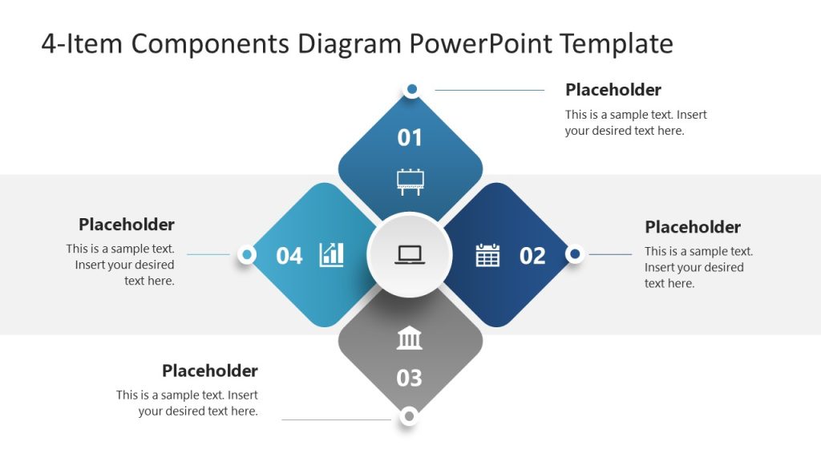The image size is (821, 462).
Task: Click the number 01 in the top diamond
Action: [x=410, y=137]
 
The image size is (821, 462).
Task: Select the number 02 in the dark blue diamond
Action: [x=532, y=256]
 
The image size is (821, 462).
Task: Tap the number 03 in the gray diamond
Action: [x=410, y=377]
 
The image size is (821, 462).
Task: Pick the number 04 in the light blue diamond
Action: [x=289, y=256]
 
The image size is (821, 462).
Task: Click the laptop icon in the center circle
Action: [x=410, y=255]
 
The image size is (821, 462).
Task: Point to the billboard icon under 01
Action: [x=410, y=181]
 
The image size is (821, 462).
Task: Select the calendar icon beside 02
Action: [x=487, y=255]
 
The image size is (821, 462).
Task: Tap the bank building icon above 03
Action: [x=410, y=338]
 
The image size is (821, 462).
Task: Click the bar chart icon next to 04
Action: [x=331, y=255]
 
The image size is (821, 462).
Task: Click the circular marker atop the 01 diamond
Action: [x=411, y=89]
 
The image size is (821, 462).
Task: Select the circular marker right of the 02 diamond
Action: [x=574, y=254]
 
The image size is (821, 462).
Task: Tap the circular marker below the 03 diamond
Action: [x=410, y=415]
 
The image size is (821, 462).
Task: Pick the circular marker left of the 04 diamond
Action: [x=247, y=254]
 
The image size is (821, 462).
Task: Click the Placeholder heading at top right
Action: [x=613, y=90]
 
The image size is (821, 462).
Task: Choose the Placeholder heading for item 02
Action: [x=693, y=227]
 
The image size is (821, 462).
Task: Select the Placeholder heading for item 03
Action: [x=210, y=371]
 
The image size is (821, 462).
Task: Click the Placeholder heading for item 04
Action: [x=127, y=225]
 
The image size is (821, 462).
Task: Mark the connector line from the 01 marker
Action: [x=489, y=90]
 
